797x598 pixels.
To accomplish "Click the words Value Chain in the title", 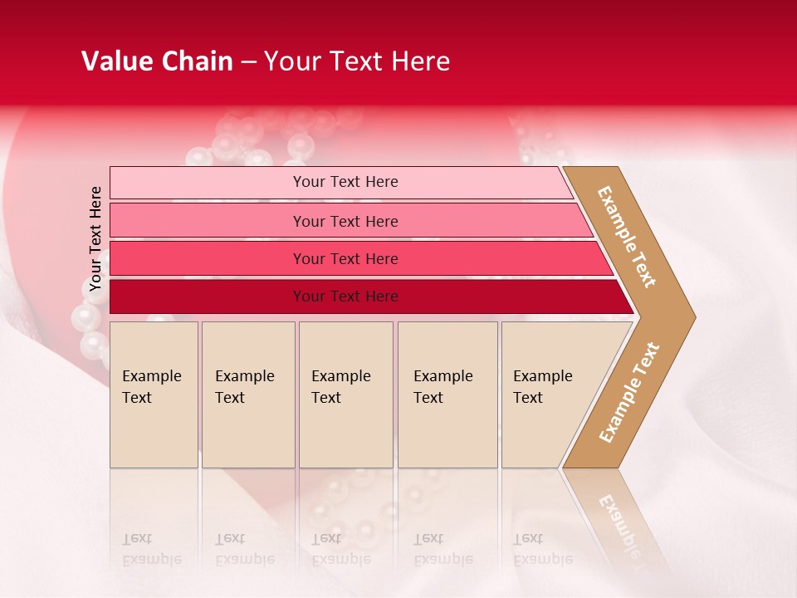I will [157, 61].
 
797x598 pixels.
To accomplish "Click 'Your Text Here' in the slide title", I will [357, 61].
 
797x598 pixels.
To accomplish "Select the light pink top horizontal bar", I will [208, 182].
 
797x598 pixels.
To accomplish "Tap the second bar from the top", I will [208, 221].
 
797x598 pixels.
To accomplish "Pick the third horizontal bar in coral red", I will [208, 258].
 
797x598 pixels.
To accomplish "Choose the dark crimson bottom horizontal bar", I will [208, 297].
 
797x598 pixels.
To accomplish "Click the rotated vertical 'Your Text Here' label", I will [95, 239].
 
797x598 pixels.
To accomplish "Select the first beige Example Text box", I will [154, 395].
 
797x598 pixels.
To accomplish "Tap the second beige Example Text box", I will [247, 395].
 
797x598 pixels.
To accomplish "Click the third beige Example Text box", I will [345, 395].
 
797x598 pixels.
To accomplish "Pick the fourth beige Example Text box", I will [447, 395].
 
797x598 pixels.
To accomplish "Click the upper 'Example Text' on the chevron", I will [627, 236].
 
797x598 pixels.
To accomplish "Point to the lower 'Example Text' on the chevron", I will [629, 392].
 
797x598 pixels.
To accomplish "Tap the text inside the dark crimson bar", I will [345, 297].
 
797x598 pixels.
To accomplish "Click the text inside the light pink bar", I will [345, 182].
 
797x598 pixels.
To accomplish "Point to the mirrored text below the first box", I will [151, 549].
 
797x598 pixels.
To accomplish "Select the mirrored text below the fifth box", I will [543, 549].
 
